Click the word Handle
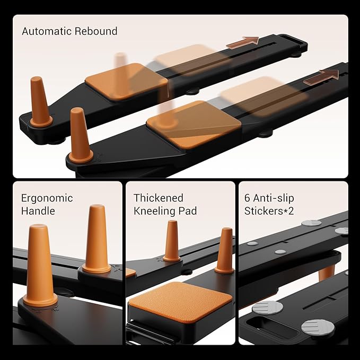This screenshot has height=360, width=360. pos(38,211)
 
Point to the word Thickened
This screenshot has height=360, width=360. pos(159,198)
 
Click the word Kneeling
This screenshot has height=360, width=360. pos(154,212)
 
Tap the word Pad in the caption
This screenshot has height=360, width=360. pos(188,211)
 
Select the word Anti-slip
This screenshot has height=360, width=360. pos(274,198)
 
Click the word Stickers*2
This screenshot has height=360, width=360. pos(269,211)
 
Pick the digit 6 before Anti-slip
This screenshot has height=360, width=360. pos(247,198)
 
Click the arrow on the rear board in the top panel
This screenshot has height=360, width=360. pos(243,42)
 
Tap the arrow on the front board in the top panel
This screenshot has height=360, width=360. pos(321,77)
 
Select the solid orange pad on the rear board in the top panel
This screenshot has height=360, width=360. pos(126,82)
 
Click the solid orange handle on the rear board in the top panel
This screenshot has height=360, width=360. pos(40,102)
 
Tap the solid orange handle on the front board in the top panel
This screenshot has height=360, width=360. pos(81,135)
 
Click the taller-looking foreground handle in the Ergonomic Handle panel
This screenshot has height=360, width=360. pos(40,265)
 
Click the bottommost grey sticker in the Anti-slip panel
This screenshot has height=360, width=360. pos(318,327)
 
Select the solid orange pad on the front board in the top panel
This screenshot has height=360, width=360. pos(194,124)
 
